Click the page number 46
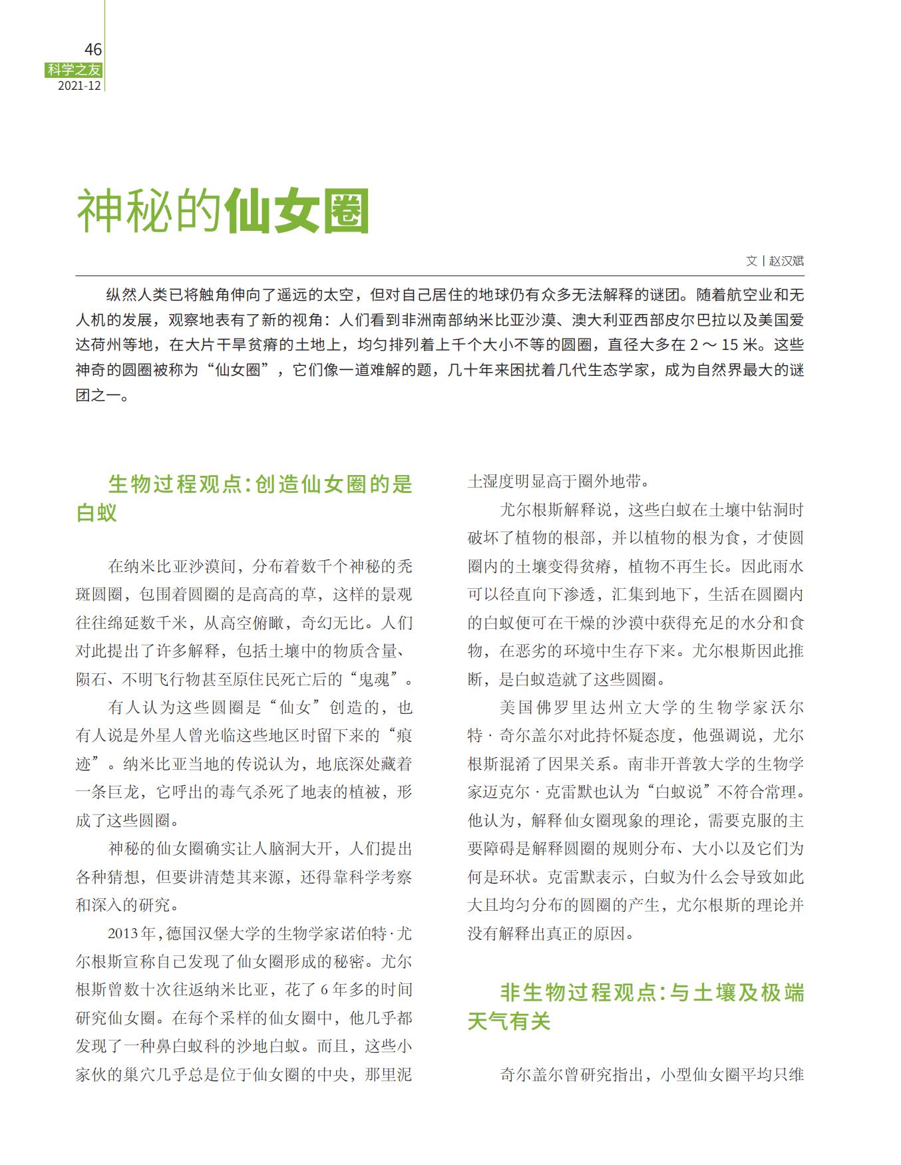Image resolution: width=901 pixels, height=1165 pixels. coord(92,50)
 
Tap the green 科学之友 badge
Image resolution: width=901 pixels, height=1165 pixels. coord(74,69)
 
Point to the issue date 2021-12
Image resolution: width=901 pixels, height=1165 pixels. coord(79,85)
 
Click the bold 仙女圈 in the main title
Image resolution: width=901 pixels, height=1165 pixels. coord(297,212)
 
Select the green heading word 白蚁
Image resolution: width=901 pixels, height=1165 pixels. coord(96,513)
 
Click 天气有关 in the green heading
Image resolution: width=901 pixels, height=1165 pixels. coord(509,1021)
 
